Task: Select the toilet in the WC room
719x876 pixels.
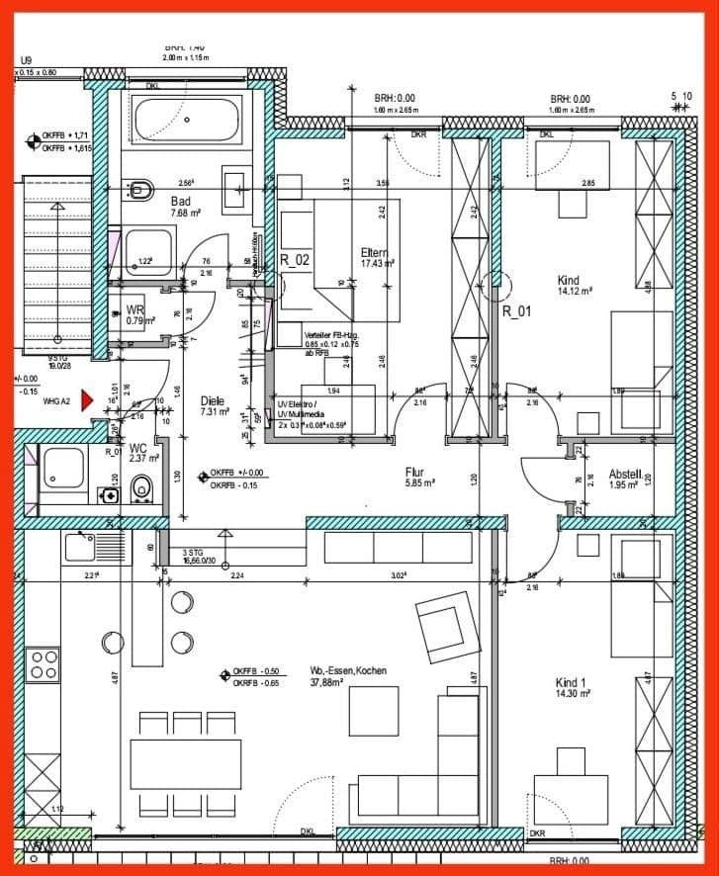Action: [143, 486]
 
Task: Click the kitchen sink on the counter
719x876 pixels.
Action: [78, 544]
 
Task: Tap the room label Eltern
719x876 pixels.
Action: [374, 252]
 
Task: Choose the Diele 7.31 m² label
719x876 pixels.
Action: [212, 405]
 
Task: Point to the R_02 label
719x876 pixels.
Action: [296, 261]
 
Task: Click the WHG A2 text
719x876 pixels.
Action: [56, 400]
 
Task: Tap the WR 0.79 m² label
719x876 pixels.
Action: [136, 314]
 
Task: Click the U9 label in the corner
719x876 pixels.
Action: [27, 60]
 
